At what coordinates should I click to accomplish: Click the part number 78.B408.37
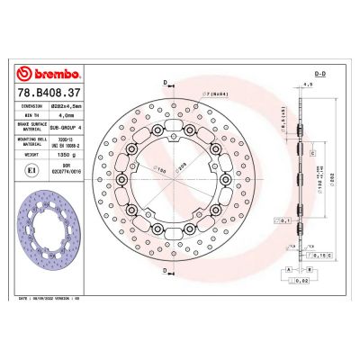pos(49,91)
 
